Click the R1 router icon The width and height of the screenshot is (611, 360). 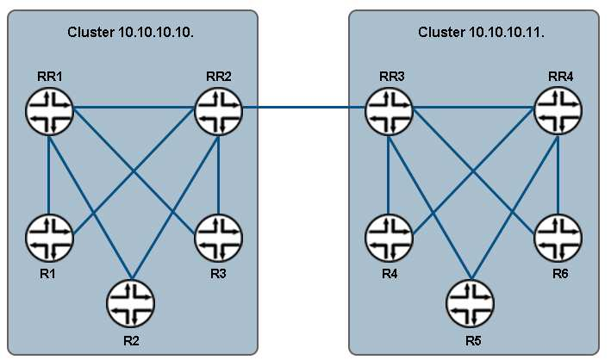pos(48,234)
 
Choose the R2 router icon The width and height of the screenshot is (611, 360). pos(131,302)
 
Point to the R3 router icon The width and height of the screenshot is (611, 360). pos(219,234)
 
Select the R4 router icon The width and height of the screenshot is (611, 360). pos(389,234)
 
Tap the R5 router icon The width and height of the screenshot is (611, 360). pos(471,302)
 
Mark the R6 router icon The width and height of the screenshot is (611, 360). pos(558,234)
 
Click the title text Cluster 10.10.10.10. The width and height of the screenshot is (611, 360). pos(131,33)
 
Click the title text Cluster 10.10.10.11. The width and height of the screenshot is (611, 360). pos(473,33)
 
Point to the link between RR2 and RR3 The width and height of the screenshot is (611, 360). pos(303,109)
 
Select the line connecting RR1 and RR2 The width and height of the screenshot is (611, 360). pos(134,109)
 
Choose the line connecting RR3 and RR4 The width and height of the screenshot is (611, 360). pos(474,109)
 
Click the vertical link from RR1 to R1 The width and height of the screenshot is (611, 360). pos(48,172)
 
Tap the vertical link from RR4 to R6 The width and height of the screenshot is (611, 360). pos(558,172)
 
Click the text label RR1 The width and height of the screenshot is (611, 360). pos(49,76)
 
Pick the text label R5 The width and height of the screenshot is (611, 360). pos(471,338)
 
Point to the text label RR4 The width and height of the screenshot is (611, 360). pos(560,76)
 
